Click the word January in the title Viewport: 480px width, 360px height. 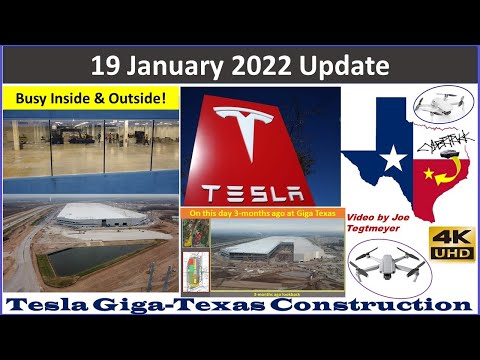click(174, 67)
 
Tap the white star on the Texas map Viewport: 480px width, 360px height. click(393, 157)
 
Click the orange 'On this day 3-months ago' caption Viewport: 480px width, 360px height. click(262, 213)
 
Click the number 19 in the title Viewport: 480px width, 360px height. click(107, 67)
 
